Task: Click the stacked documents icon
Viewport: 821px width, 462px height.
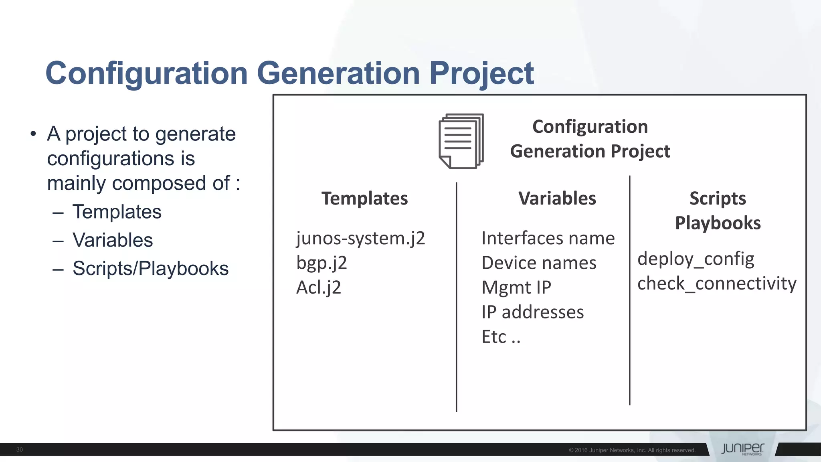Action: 461,141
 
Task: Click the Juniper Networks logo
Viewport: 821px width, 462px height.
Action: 742,449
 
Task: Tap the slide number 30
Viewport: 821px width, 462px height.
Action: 19,450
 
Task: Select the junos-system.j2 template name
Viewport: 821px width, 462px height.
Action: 360,238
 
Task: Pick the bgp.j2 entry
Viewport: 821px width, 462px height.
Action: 322,263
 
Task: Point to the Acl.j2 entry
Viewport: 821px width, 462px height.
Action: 319,288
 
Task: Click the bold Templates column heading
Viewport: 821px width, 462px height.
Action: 364,199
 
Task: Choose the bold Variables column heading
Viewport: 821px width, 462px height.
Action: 557,199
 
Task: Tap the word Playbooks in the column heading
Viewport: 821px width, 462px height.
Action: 718,223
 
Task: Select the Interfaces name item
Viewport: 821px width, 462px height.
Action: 548,238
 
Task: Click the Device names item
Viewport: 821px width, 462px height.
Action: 539,263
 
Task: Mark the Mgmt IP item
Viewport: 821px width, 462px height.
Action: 516,288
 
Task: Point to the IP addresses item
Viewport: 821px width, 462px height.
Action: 533,312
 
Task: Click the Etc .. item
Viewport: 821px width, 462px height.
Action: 501,337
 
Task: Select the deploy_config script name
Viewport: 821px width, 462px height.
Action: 696,259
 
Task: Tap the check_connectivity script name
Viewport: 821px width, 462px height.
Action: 717,284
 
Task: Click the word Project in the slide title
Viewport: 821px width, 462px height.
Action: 481,73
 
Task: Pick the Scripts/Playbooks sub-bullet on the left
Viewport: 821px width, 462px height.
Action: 150,268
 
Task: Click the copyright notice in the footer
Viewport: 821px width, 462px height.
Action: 632,450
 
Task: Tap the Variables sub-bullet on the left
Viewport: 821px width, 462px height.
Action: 113,240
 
